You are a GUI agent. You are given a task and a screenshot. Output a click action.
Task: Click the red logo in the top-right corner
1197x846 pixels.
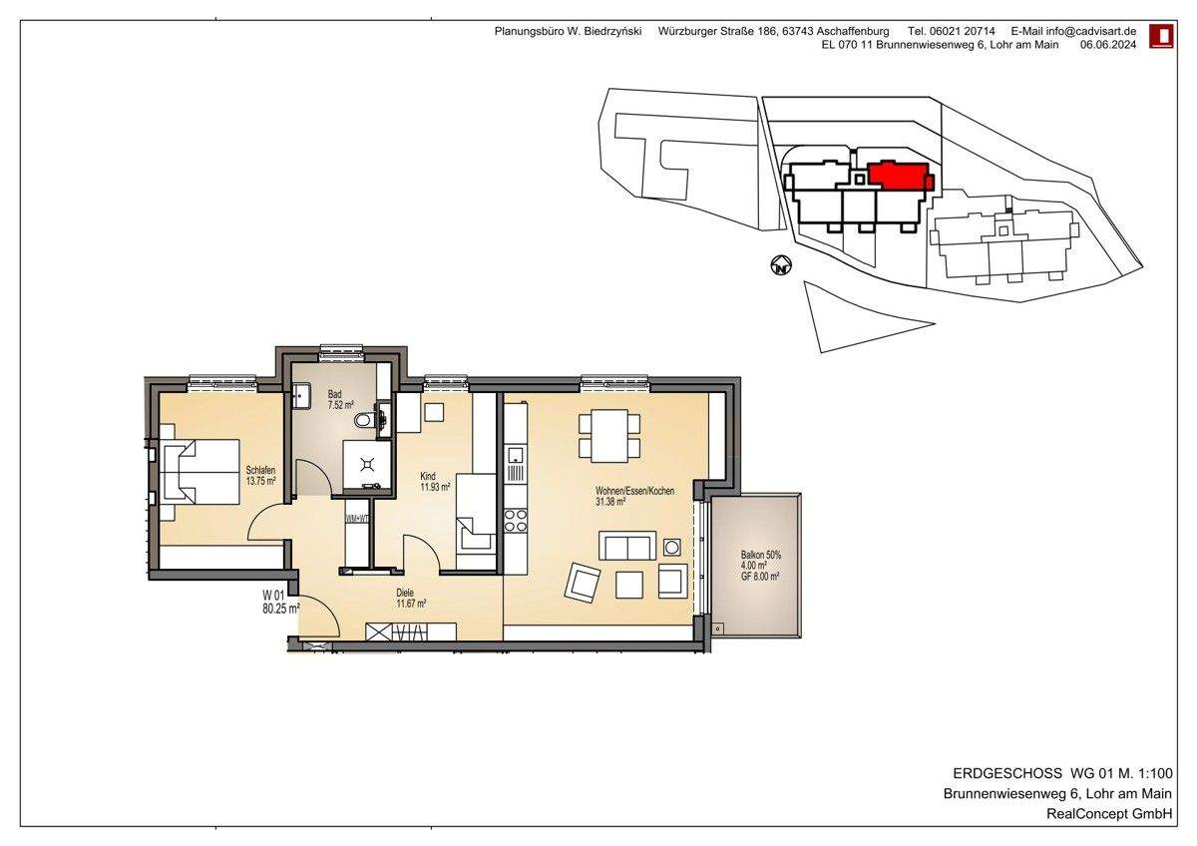(x=1161, y=37)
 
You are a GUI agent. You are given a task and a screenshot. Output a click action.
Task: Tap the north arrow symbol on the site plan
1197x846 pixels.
(x=782, y=266)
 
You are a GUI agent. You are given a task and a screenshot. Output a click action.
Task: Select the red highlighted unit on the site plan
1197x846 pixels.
(x=899, y=176)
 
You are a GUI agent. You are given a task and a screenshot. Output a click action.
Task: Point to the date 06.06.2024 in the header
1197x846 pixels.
(x=1110, y=45)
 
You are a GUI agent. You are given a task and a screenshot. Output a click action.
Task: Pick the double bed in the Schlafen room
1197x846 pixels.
(x=197, y=472)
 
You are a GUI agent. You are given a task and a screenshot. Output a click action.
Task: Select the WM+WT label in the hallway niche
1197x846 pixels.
(x=357, y=519)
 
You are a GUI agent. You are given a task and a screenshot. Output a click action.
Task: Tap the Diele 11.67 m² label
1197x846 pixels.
(x=411, y=598)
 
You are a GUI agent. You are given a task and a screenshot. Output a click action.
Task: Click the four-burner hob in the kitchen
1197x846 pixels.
(x=516, y=519)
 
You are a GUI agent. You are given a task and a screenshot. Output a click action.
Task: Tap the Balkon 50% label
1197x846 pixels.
(x=761, y=555)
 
